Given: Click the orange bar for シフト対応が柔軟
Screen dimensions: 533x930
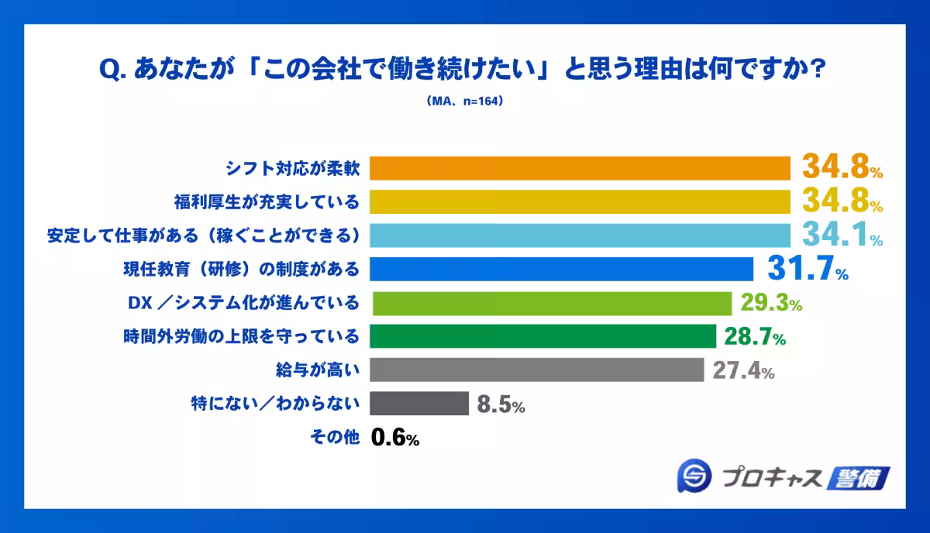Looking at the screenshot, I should coord(580,168).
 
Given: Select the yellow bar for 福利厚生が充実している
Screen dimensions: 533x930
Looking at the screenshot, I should coord(580,201).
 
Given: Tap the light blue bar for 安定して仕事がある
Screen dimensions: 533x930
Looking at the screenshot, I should coord(580,236).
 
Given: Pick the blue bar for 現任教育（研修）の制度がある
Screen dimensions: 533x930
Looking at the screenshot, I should coord(561,269).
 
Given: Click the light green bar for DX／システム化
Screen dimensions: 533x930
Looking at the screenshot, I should coord(552,303).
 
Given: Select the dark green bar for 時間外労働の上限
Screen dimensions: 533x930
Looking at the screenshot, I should coord(542,336).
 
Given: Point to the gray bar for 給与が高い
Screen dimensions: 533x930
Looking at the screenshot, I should coord(536,370).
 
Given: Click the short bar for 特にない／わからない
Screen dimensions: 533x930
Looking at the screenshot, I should coord(419,404).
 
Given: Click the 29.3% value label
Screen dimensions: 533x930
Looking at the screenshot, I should coord(770,303).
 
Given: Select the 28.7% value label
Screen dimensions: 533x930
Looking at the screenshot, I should coord(755,337).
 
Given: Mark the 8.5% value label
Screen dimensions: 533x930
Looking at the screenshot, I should coord(501,404).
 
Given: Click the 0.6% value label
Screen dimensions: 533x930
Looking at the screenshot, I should coord(395,438).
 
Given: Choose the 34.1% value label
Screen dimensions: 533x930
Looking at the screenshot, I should coord(842,236).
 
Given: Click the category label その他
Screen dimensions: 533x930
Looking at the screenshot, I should coord(335,438).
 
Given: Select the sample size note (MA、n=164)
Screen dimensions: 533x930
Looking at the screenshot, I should coord(465,101).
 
